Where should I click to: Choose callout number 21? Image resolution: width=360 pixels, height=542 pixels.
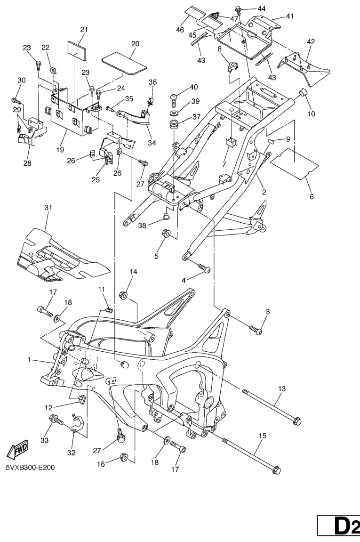[x=84, y=30]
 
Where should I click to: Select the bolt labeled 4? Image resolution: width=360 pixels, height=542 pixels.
[x=206, y=268]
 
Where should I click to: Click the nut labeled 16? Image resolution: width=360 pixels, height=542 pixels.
[x=124, y=456]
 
